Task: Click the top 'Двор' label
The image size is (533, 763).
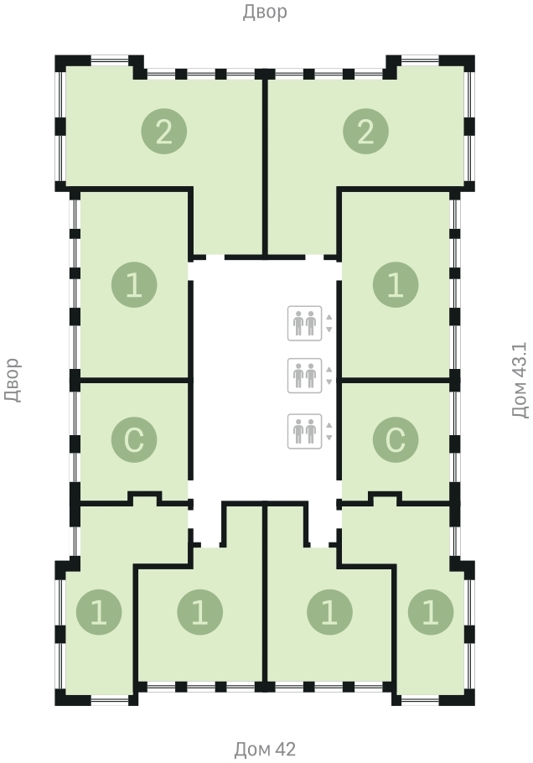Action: point(265,13)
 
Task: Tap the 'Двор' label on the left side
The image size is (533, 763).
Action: point(13,380)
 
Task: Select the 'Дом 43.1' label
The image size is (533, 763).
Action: point(520,380)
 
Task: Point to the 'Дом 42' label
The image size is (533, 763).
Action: point(265,749)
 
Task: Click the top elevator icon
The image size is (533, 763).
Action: point(304,323)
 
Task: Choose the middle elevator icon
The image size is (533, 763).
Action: point(304,376)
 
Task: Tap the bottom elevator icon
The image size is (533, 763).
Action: point(304,431)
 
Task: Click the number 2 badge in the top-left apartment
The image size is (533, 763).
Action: point(164,132)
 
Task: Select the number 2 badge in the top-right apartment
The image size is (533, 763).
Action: point(365,132)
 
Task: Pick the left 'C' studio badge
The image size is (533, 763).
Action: point(134,439)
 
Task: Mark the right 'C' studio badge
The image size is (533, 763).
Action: point(396,439)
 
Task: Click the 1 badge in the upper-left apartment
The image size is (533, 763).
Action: point(134,285)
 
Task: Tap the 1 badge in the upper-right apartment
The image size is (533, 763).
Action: point(396,285)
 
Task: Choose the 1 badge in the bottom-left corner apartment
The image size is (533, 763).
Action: point(99,612)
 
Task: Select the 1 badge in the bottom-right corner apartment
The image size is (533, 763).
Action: point(431,612)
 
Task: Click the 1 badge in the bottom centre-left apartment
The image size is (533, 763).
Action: point(199,612)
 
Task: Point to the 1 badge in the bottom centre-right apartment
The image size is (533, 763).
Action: point(329,612)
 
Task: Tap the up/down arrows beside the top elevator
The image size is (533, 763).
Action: point(329,324)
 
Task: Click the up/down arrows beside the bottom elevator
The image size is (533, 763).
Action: point(329,432)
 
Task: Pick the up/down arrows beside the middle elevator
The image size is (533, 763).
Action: point(329,376)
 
